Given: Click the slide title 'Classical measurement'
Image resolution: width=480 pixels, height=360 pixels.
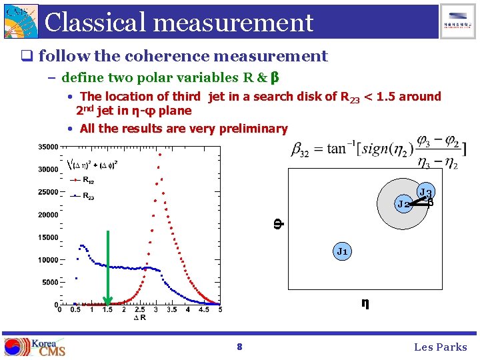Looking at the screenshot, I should coord(179,22).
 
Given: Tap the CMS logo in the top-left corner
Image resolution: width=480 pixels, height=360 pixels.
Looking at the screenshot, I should coord(20,21).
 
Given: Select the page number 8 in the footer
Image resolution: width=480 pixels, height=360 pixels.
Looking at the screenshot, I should coord(239,347).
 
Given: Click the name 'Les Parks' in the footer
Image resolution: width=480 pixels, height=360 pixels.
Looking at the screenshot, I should coord(441,347).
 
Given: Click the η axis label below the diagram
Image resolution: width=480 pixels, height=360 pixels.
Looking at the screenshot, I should coord(365,303).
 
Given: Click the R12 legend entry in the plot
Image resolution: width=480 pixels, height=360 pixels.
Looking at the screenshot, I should coord(87,180).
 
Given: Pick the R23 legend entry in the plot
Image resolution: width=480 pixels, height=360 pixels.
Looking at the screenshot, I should coord(87,196).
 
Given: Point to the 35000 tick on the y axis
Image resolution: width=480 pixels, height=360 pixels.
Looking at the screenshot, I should coord(46,147).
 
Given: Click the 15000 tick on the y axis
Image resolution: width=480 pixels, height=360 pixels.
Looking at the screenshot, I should coord(46,237).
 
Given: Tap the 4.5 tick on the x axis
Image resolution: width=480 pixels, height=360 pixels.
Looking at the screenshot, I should coord(204,310).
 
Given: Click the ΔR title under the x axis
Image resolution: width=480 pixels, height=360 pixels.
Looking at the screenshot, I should coord(139,318).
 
